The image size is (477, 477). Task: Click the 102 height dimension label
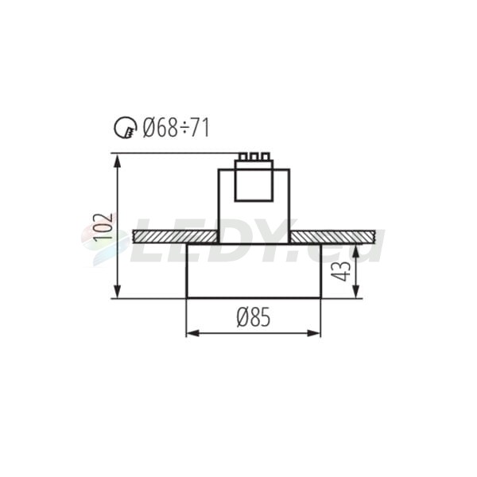tap(103, 226)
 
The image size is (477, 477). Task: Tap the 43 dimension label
tap(341, 271)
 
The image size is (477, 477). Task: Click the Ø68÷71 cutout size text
tap(176, 128)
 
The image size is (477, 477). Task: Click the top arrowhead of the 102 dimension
tap(117, 161)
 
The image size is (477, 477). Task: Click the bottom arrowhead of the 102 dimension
tap(117, 292)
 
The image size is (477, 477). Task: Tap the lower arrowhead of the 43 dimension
tap(356, 292)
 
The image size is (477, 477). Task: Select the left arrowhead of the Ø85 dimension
tap(192, 333)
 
